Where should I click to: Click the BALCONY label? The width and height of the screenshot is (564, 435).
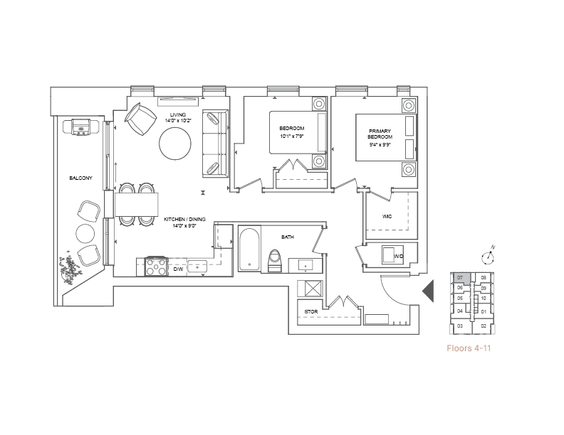81,178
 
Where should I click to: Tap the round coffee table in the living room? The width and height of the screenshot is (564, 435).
175,144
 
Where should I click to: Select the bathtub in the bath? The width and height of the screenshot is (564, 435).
249,249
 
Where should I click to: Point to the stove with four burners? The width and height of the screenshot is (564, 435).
157,267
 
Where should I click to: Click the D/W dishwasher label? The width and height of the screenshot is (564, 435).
179,269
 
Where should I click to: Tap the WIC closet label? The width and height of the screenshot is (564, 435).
387,216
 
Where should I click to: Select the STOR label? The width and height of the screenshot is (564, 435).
311,312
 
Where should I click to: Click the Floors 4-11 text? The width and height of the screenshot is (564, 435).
469,348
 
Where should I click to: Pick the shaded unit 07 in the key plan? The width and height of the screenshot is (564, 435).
461,278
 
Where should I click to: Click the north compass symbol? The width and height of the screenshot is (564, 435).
488,257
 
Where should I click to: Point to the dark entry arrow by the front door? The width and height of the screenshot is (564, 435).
428,291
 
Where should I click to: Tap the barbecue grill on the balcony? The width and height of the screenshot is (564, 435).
81,127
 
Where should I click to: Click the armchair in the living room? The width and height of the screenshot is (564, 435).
140,119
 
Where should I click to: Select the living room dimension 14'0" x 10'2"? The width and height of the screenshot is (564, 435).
178,121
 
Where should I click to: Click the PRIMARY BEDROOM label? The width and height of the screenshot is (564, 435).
380,134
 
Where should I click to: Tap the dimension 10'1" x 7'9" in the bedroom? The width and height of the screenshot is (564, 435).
292,136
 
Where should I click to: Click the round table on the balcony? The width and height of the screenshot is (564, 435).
85,233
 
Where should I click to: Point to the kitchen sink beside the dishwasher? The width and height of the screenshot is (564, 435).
197,267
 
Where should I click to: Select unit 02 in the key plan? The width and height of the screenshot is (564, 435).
484,326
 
